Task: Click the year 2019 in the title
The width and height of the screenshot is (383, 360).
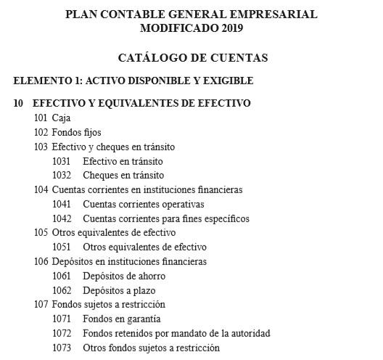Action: [229, 29]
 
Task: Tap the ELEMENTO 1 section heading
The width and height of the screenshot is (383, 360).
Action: [133, 81]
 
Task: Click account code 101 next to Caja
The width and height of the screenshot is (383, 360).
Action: [41, 118]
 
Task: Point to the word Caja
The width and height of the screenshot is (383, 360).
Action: [61, 118]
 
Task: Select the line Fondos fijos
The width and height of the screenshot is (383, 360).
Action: [77, 132]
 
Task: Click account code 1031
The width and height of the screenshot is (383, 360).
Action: [62, 161]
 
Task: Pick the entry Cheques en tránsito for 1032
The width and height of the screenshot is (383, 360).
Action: [123, 175]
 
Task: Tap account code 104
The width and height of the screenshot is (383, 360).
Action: [41, 189]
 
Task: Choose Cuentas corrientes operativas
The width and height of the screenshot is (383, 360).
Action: [144, 204]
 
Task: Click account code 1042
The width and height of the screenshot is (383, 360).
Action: [62, 218]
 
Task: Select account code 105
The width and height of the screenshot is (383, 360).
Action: [41, 233]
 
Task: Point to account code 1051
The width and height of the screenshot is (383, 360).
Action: [62, 247]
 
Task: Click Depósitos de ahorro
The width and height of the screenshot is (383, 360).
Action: [124, 276]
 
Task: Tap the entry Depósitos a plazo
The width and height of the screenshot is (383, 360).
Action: [120, 290]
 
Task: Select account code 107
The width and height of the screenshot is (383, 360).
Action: [41, 304]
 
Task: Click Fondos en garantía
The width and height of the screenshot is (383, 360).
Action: [122, 319]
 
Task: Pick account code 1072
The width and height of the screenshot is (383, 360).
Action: [62, 333]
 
